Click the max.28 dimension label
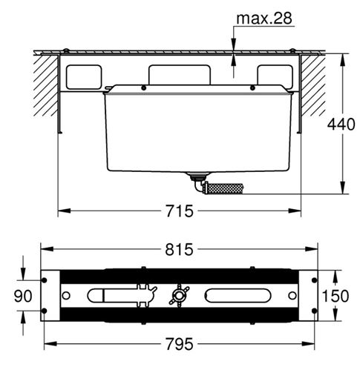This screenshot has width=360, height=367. (x=264, y=18)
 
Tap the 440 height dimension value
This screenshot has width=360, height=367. (x=341, y=125)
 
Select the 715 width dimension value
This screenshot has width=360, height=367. (x=180, y=211)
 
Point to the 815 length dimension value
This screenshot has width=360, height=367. (x=179, y=249)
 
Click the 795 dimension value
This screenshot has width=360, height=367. (x=180, y=344)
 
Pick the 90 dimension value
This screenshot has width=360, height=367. (x=23, y=296)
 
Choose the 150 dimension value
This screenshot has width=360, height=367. (x=336, y=296)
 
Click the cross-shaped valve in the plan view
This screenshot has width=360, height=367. (x=179, y=295)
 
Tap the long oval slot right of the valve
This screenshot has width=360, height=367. (x=238, y=295)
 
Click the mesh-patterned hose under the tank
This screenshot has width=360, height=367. (x=226, y=189)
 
